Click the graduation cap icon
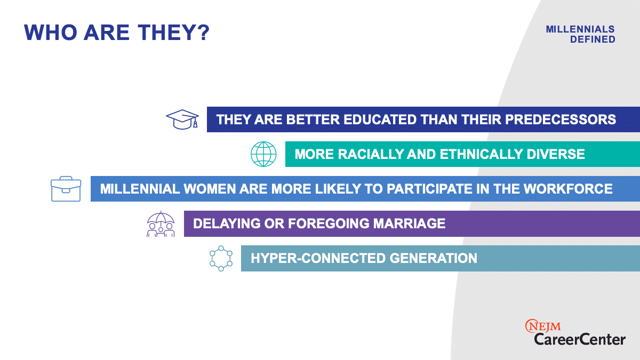182,119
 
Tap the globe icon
263,154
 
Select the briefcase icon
66,189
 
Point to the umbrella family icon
161,224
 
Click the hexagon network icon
221,258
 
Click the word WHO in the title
51,33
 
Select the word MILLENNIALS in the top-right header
580,29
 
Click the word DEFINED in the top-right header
593,39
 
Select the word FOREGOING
329,223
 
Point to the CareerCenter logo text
580,340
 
